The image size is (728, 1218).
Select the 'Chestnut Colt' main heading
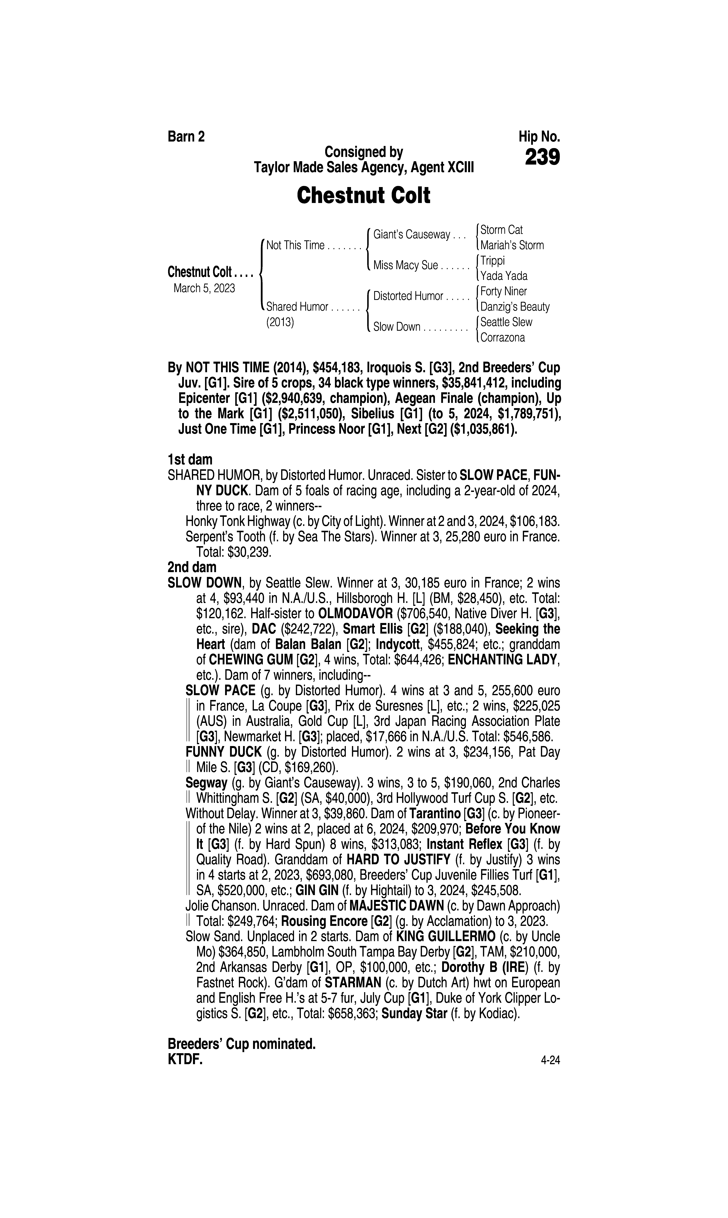[363, 195]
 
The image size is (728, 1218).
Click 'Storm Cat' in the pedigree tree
[501, 230]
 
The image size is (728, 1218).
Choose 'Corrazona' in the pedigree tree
[502, 338]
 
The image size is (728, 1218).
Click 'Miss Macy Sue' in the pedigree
[405, 266]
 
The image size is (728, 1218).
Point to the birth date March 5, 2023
[204, 288]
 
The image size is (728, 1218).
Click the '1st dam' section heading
[190, 460]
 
